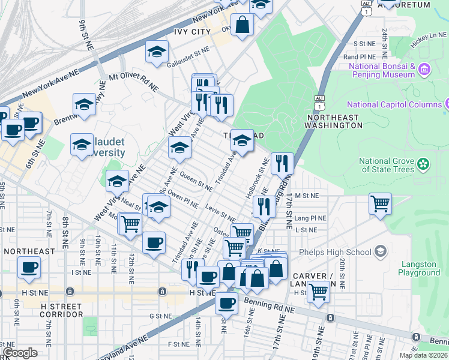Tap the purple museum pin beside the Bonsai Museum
[424, 70]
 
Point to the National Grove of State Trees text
[387, 164]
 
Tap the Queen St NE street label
[196, 182]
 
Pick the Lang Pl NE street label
[310, 218]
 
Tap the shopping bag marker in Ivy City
[242, 25]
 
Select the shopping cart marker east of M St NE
[380, 204]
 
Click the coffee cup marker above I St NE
[29, 267]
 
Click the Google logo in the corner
[20, 353]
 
